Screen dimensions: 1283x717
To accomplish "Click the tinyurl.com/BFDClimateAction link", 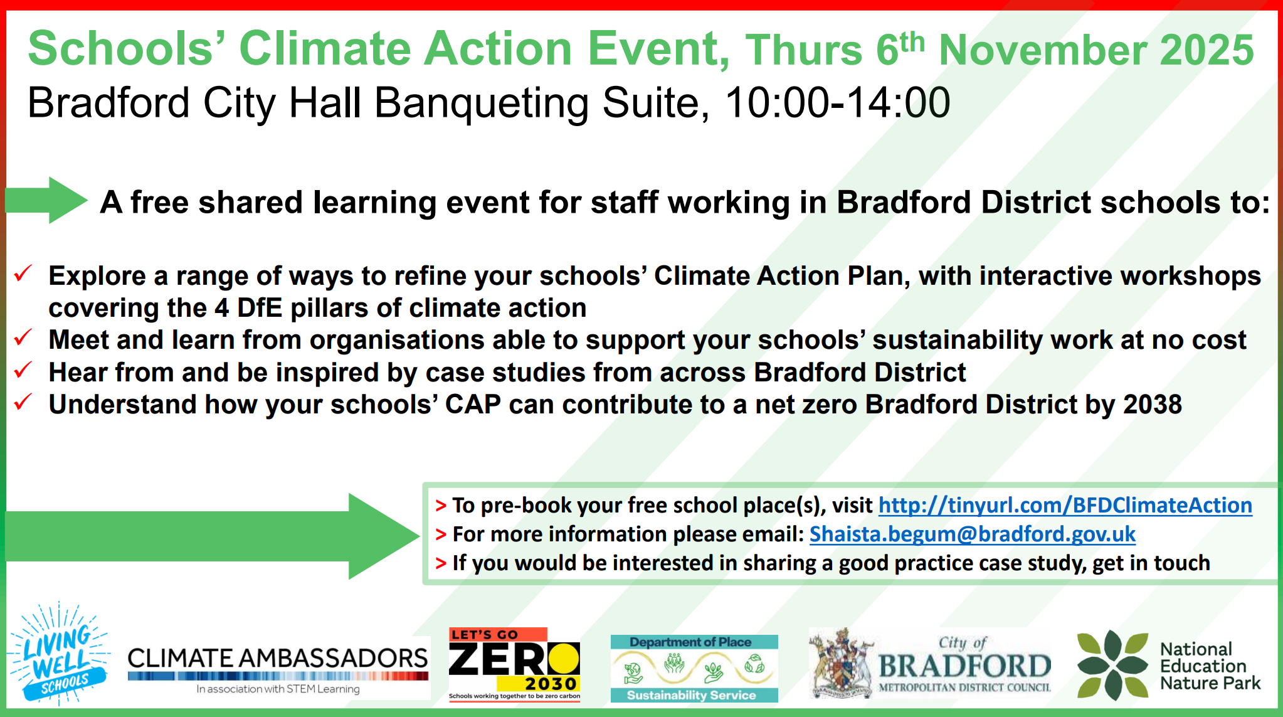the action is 1065,506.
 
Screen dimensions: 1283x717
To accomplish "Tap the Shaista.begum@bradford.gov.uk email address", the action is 972,534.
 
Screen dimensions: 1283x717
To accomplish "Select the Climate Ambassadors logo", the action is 278,669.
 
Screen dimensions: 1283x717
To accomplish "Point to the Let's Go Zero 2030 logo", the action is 515,664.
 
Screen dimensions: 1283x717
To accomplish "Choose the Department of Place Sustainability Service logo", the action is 694,668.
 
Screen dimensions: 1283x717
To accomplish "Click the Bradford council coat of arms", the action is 842,664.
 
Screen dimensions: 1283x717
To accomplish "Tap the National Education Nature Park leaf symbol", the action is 1112,665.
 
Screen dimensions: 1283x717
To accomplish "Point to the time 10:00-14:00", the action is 838,103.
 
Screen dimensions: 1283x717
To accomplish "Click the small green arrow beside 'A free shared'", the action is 46,200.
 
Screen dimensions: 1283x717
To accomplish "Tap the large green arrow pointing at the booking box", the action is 213,536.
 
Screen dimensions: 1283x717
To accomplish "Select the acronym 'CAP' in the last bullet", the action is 473,405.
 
